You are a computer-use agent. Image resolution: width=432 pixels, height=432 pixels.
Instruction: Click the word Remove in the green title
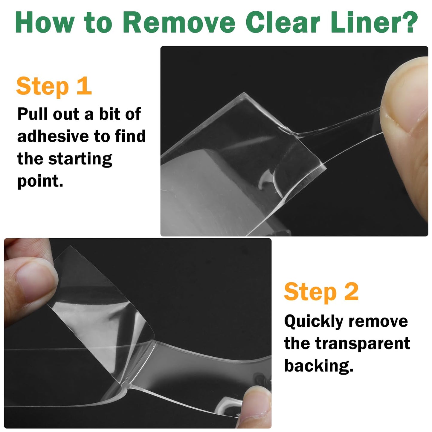tap(179, 22)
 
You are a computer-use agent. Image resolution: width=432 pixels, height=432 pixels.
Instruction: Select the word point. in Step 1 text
tap(40, 181)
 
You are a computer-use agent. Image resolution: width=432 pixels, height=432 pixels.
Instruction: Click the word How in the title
tap(45, 22)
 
